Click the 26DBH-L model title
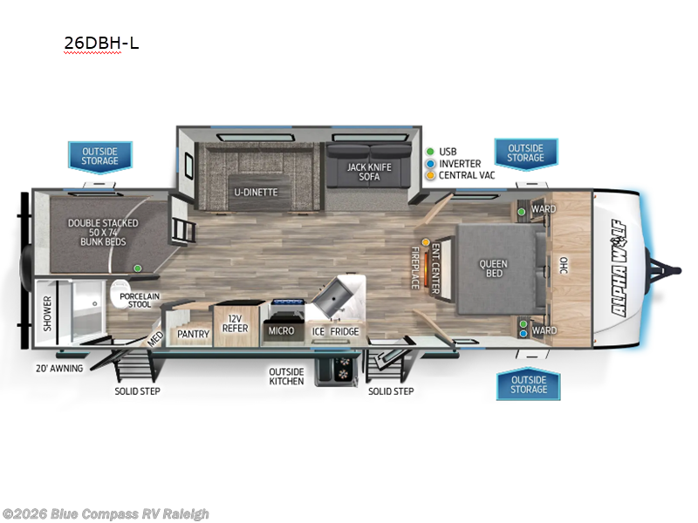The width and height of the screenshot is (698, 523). tap(101, 43)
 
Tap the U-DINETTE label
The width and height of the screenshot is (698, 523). tap(256, 193)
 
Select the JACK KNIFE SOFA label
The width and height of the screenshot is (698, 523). tap(369, 172)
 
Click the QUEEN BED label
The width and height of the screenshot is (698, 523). tap(493, 268)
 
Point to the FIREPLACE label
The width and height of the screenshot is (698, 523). tap(415, 268)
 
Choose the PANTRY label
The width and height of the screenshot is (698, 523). tap(193, 334)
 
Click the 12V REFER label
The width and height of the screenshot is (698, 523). tap(235, 323)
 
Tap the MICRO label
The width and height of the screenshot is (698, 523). tap(281, 331)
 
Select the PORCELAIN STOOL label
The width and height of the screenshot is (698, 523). tap(140, 300)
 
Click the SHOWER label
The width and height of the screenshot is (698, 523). tap(48, 314)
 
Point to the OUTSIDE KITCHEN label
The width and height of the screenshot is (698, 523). tap(287, 377)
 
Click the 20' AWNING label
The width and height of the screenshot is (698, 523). tap(59, 369)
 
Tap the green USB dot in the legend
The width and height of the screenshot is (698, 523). tap(430, 152)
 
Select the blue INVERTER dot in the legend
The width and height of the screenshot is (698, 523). tap(430, 164)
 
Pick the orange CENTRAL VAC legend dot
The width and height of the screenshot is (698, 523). tap(430, 175)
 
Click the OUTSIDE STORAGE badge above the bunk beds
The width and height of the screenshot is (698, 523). tap(100, 157)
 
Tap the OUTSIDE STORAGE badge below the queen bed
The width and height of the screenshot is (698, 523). tap(529, 384)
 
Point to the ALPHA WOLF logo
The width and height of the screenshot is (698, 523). tap(619, 268)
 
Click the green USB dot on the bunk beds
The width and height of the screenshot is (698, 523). tap(138, 268)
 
